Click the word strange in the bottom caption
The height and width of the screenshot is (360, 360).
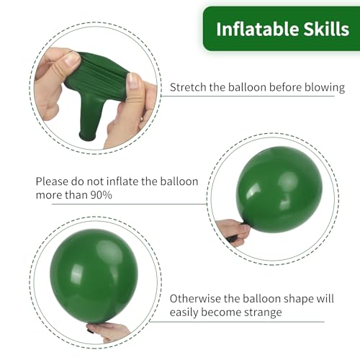tap(260, 313)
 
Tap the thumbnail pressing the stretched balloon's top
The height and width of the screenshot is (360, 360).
tap(73, 60)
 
